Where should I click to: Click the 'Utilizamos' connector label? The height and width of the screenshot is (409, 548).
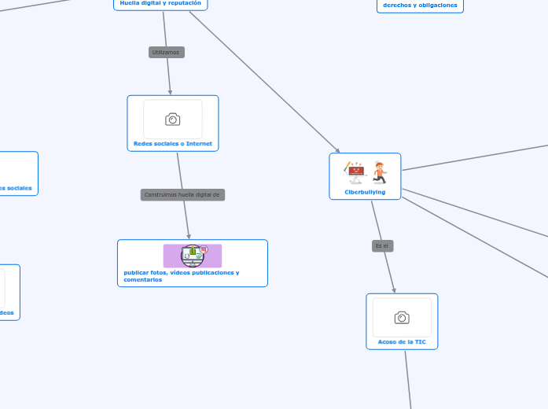tap(166, 52)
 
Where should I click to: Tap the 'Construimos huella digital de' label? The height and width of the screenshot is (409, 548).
tap(182, 194)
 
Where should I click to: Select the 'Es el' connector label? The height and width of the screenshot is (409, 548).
tap(382, 246)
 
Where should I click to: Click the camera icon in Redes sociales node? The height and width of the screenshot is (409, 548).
tap(173, 119)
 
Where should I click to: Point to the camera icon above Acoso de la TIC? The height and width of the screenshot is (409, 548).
tap(402, 317)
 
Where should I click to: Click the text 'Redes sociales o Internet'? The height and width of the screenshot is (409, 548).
tap(173, 144)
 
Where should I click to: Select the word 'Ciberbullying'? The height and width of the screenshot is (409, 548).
tap(365, 191)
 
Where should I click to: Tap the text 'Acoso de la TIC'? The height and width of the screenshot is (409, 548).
tap(402, 342)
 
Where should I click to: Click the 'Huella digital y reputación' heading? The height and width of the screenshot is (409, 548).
tap(160, 3)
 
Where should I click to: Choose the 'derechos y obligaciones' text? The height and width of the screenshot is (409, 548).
tap(420, 5)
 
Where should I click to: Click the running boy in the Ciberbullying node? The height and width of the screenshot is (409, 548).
tap(381, 172)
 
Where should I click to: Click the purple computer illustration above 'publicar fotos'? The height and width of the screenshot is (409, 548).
tap(193, 256)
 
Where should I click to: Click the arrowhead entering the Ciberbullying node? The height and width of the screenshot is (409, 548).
tap(338, 152)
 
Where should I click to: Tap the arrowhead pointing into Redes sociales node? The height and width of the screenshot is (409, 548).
tap(171, 92)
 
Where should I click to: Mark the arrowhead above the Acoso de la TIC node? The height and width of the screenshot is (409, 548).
tap(394, 290)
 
